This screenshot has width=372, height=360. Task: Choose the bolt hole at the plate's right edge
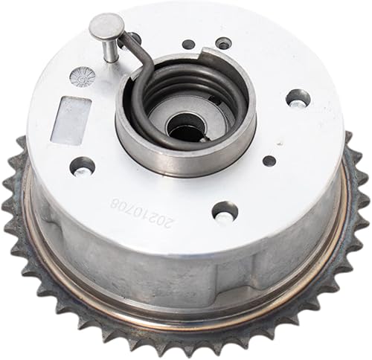coord(298,97)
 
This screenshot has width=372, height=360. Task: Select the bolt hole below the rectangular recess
coord(83,167)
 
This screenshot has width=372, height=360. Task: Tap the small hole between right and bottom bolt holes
coord(269,161)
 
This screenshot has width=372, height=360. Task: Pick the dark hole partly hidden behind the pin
coord(134,38)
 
